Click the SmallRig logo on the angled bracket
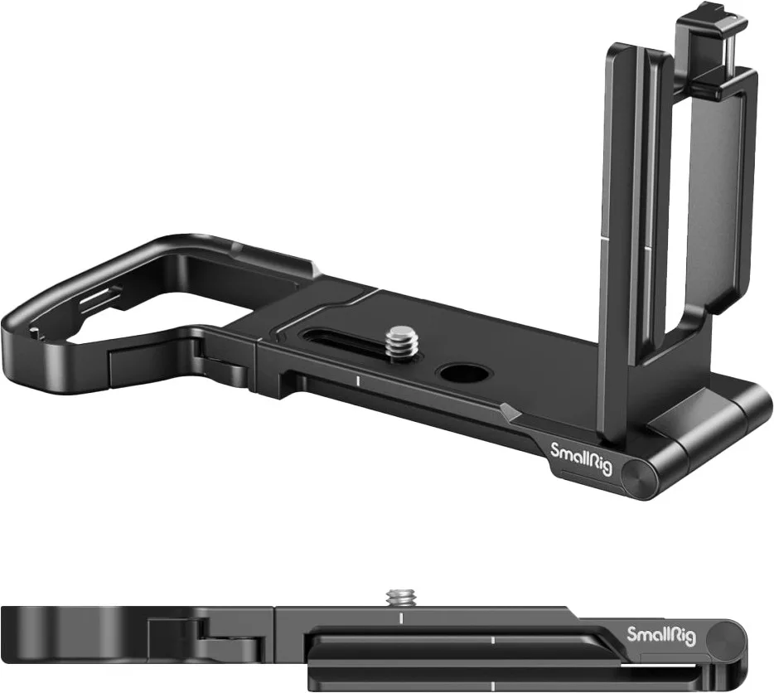[x=581, y=459]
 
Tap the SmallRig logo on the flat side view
[x=661, y=636]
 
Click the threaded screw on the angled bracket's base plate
[x=402, y=341]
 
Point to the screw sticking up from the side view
[x=402, y=597]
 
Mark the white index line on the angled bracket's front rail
[x=356, y=380]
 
